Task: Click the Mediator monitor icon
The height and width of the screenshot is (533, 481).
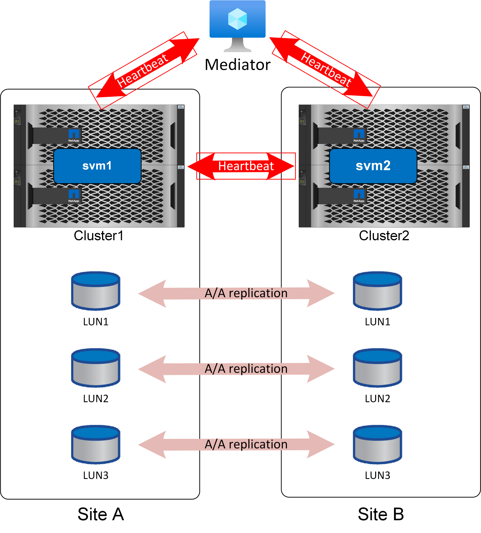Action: [x=237, y=24]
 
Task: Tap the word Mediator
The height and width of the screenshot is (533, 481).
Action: [x=237, y=65]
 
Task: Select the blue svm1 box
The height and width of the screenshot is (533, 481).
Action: [x=97, y=166]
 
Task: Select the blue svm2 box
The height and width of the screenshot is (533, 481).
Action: [x=373, y=166]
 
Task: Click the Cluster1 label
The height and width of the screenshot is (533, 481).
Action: [x=99, y=236]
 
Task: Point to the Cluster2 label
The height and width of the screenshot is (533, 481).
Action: [x=384, y=236]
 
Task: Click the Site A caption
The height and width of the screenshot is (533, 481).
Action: [x=101, y=514]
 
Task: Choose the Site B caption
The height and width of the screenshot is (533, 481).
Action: [x=381, y=514]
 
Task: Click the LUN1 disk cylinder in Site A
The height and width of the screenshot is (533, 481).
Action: [x=96, y=291]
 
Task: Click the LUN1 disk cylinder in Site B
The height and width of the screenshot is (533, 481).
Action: [x=377, y=291]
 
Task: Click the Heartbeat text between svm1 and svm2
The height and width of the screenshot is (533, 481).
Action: [x=246, y=166]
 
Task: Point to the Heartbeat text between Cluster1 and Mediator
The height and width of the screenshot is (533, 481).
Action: [x=143, y=71]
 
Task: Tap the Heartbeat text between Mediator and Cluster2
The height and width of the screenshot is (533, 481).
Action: [x=326, y=69]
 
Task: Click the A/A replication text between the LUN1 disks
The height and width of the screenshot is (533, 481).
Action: [x=246, y=293]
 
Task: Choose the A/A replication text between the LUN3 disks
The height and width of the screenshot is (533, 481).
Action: [x=246, y=444]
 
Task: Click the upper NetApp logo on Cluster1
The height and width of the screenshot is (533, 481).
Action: [x=74, y=135]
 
